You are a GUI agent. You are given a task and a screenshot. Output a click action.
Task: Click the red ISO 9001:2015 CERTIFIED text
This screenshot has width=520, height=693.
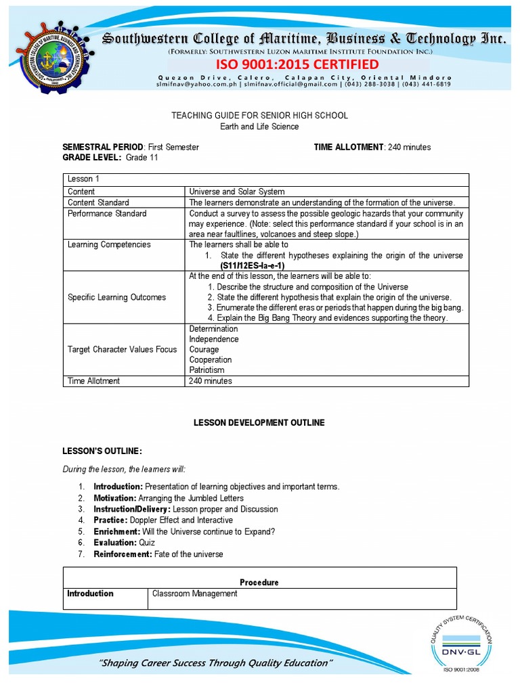coord(297,64)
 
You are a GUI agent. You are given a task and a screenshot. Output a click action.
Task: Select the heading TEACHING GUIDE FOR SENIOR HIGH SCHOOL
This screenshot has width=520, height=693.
coord(259,116)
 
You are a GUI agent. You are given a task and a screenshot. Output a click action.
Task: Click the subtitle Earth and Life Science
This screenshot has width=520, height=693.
coord(259,127)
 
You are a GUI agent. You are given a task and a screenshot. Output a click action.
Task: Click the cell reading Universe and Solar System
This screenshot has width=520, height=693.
coord(237,192)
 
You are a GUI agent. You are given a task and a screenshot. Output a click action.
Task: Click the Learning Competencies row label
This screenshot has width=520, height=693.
coord(109,244)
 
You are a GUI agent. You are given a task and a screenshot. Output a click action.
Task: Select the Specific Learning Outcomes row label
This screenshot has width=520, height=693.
coord(116,297)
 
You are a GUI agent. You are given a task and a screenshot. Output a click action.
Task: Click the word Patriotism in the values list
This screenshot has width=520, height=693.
coord(207,370)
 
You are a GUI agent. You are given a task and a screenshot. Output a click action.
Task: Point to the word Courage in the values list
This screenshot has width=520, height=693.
coord(204,349)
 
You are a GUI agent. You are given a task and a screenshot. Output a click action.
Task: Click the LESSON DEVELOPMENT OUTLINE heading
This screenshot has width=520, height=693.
coord(259,422)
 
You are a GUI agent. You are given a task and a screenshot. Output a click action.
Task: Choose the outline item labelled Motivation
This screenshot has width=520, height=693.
coord(117,498)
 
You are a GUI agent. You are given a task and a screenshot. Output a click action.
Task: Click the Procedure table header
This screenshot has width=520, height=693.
coord(259,582)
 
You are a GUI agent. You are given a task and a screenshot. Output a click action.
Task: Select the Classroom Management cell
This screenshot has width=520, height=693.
coord(195,594)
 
